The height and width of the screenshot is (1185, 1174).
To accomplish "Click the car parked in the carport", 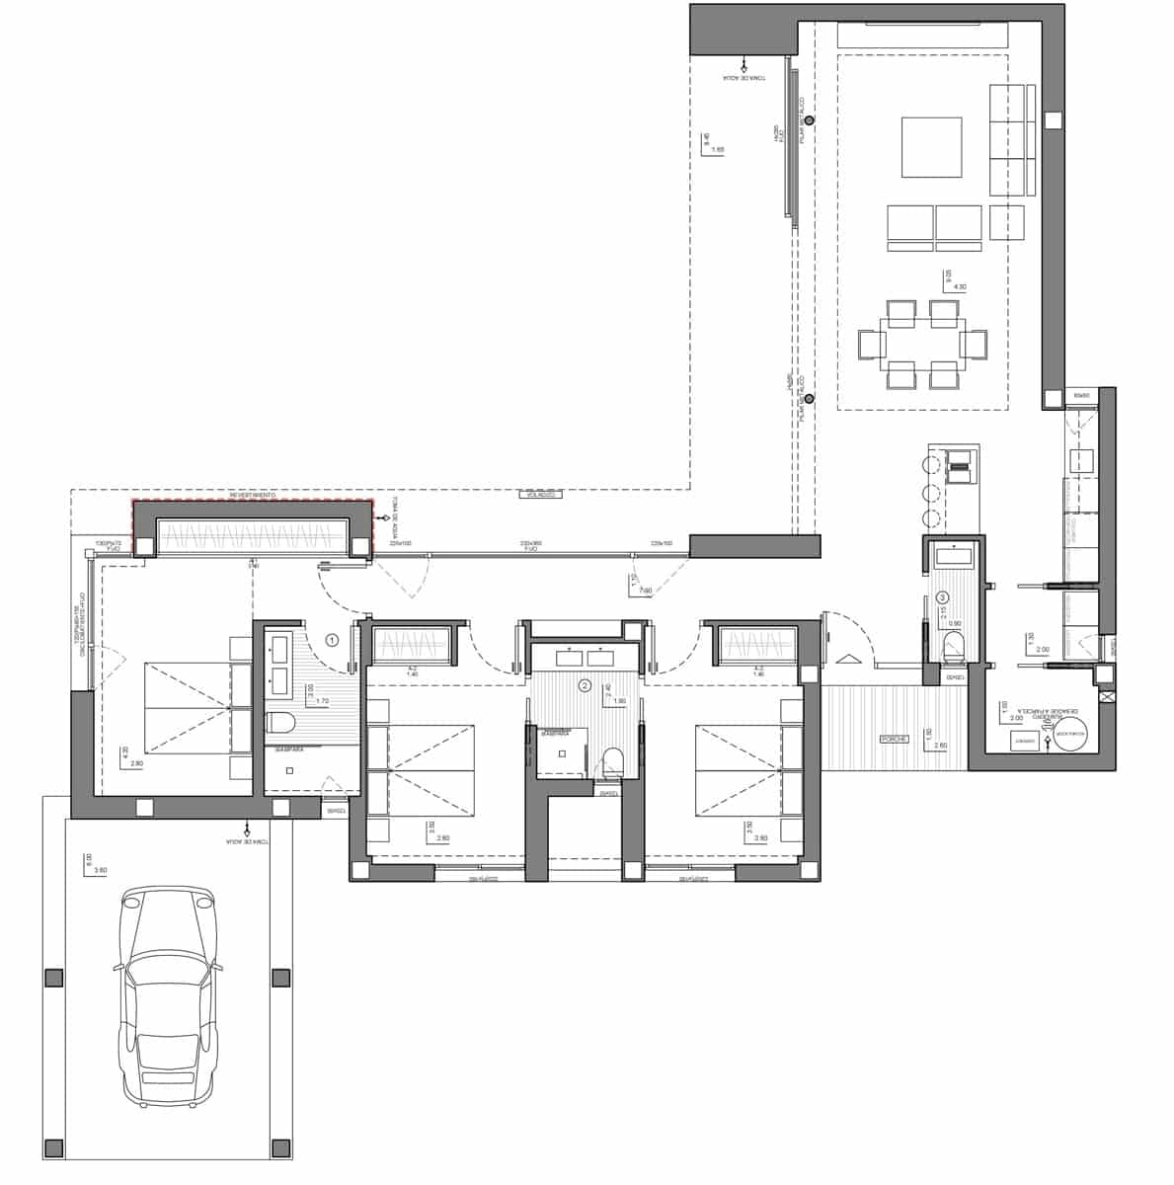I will click(167, 998).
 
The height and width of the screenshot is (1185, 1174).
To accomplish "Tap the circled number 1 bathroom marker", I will click(332, 640).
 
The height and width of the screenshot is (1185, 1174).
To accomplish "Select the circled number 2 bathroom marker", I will click(585, 684).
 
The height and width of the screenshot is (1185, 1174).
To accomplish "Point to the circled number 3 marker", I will click(942, 597).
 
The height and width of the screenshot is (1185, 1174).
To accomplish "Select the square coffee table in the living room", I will click(931, 147).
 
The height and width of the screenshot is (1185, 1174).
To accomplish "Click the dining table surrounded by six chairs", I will click(923, 344).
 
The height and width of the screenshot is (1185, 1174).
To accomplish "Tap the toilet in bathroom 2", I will click(612, 761).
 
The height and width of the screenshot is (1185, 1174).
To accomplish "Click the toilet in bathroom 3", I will click(954, 648).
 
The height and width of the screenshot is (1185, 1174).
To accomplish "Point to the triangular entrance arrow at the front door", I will click(845, 659).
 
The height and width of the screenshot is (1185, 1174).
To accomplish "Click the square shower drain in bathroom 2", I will click(562, 752).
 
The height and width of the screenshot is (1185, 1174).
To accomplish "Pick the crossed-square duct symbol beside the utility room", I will click(1107, 696).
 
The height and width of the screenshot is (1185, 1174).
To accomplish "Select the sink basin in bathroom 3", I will click(954, 556).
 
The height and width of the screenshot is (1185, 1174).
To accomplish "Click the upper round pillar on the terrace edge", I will click(809, 120).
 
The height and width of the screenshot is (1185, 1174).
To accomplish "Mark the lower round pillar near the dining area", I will click(809, 399).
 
